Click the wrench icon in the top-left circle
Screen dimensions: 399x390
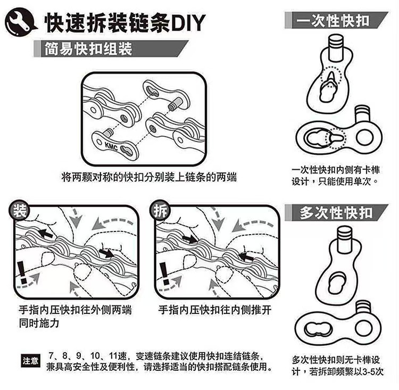pos(20,20)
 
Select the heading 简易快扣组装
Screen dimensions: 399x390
pos(89,49)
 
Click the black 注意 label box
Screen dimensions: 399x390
pos(30,361)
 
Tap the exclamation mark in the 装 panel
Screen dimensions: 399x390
pos(22,269)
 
